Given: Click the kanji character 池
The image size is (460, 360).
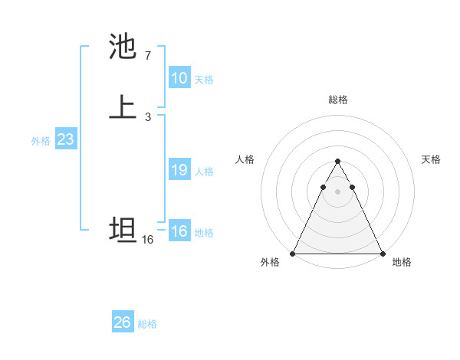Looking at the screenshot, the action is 123,47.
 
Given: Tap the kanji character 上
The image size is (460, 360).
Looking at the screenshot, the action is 123,106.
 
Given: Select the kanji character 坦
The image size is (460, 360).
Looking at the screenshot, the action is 123,230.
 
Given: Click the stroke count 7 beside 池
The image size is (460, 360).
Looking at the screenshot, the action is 147,55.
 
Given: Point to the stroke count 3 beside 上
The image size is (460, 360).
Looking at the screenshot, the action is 147,116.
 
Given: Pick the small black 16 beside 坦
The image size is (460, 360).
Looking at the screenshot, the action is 147,240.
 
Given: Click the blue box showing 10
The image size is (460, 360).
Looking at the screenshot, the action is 179,78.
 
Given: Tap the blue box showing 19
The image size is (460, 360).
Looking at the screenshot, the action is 179,170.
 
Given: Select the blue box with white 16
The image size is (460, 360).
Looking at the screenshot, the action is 179,231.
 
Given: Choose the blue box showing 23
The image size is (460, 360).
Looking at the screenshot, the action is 65,140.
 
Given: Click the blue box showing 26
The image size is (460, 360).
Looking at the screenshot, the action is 123,322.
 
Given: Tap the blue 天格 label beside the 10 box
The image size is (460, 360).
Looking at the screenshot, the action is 204,80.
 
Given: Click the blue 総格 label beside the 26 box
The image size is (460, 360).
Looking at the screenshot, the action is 147,324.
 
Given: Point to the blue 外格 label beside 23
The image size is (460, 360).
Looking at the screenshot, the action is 41,141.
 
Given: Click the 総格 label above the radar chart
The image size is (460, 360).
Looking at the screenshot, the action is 337,100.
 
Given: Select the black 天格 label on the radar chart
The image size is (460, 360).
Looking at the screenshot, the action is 431,159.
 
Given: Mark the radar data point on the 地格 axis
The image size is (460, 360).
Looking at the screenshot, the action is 382,254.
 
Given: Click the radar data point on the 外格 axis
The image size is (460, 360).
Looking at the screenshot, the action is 293,254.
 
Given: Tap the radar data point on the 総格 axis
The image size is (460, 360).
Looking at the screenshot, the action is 337,162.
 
